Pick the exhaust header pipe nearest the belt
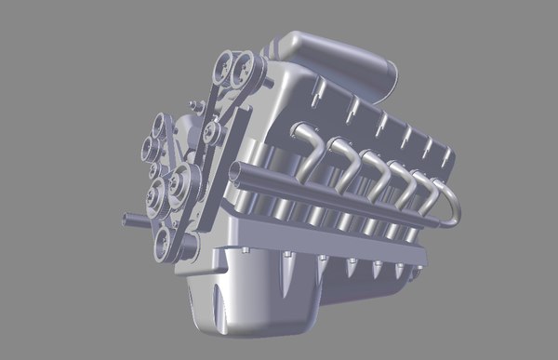point(307,149)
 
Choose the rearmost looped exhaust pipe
point(451,200)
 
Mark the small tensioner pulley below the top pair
point(214,135)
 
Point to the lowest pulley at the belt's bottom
point(167,244)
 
